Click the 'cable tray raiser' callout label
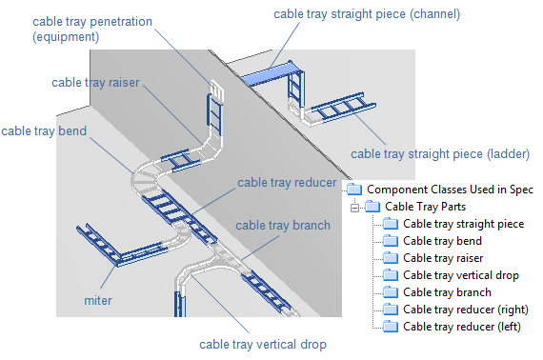[95, 83]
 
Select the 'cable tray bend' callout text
[44, 131]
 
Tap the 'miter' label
[98, 300]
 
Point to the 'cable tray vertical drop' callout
[263, 345]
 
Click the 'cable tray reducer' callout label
[287, 183]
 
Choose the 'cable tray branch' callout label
[283, 226]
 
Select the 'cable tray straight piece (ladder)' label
[440, 154]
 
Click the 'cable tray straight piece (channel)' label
[367, 14]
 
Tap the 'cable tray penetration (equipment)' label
[92, 30]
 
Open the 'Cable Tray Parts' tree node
[425, 207]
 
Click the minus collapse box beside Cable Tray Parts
[354, 208]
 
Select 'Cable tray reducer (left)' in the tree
[462, 327]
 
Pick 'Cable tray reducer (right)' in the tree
[466, 310]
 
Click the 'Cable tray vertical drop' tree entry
[461, 275]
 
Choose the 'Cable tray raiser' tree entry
[443, 258]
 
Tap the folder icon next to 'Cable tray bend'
[391, 241]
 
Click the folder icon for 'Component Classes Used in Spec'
[354, 190]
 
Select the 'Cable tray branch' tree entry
[447, 292]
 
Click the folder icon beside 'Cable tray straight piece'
[391, 224]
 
